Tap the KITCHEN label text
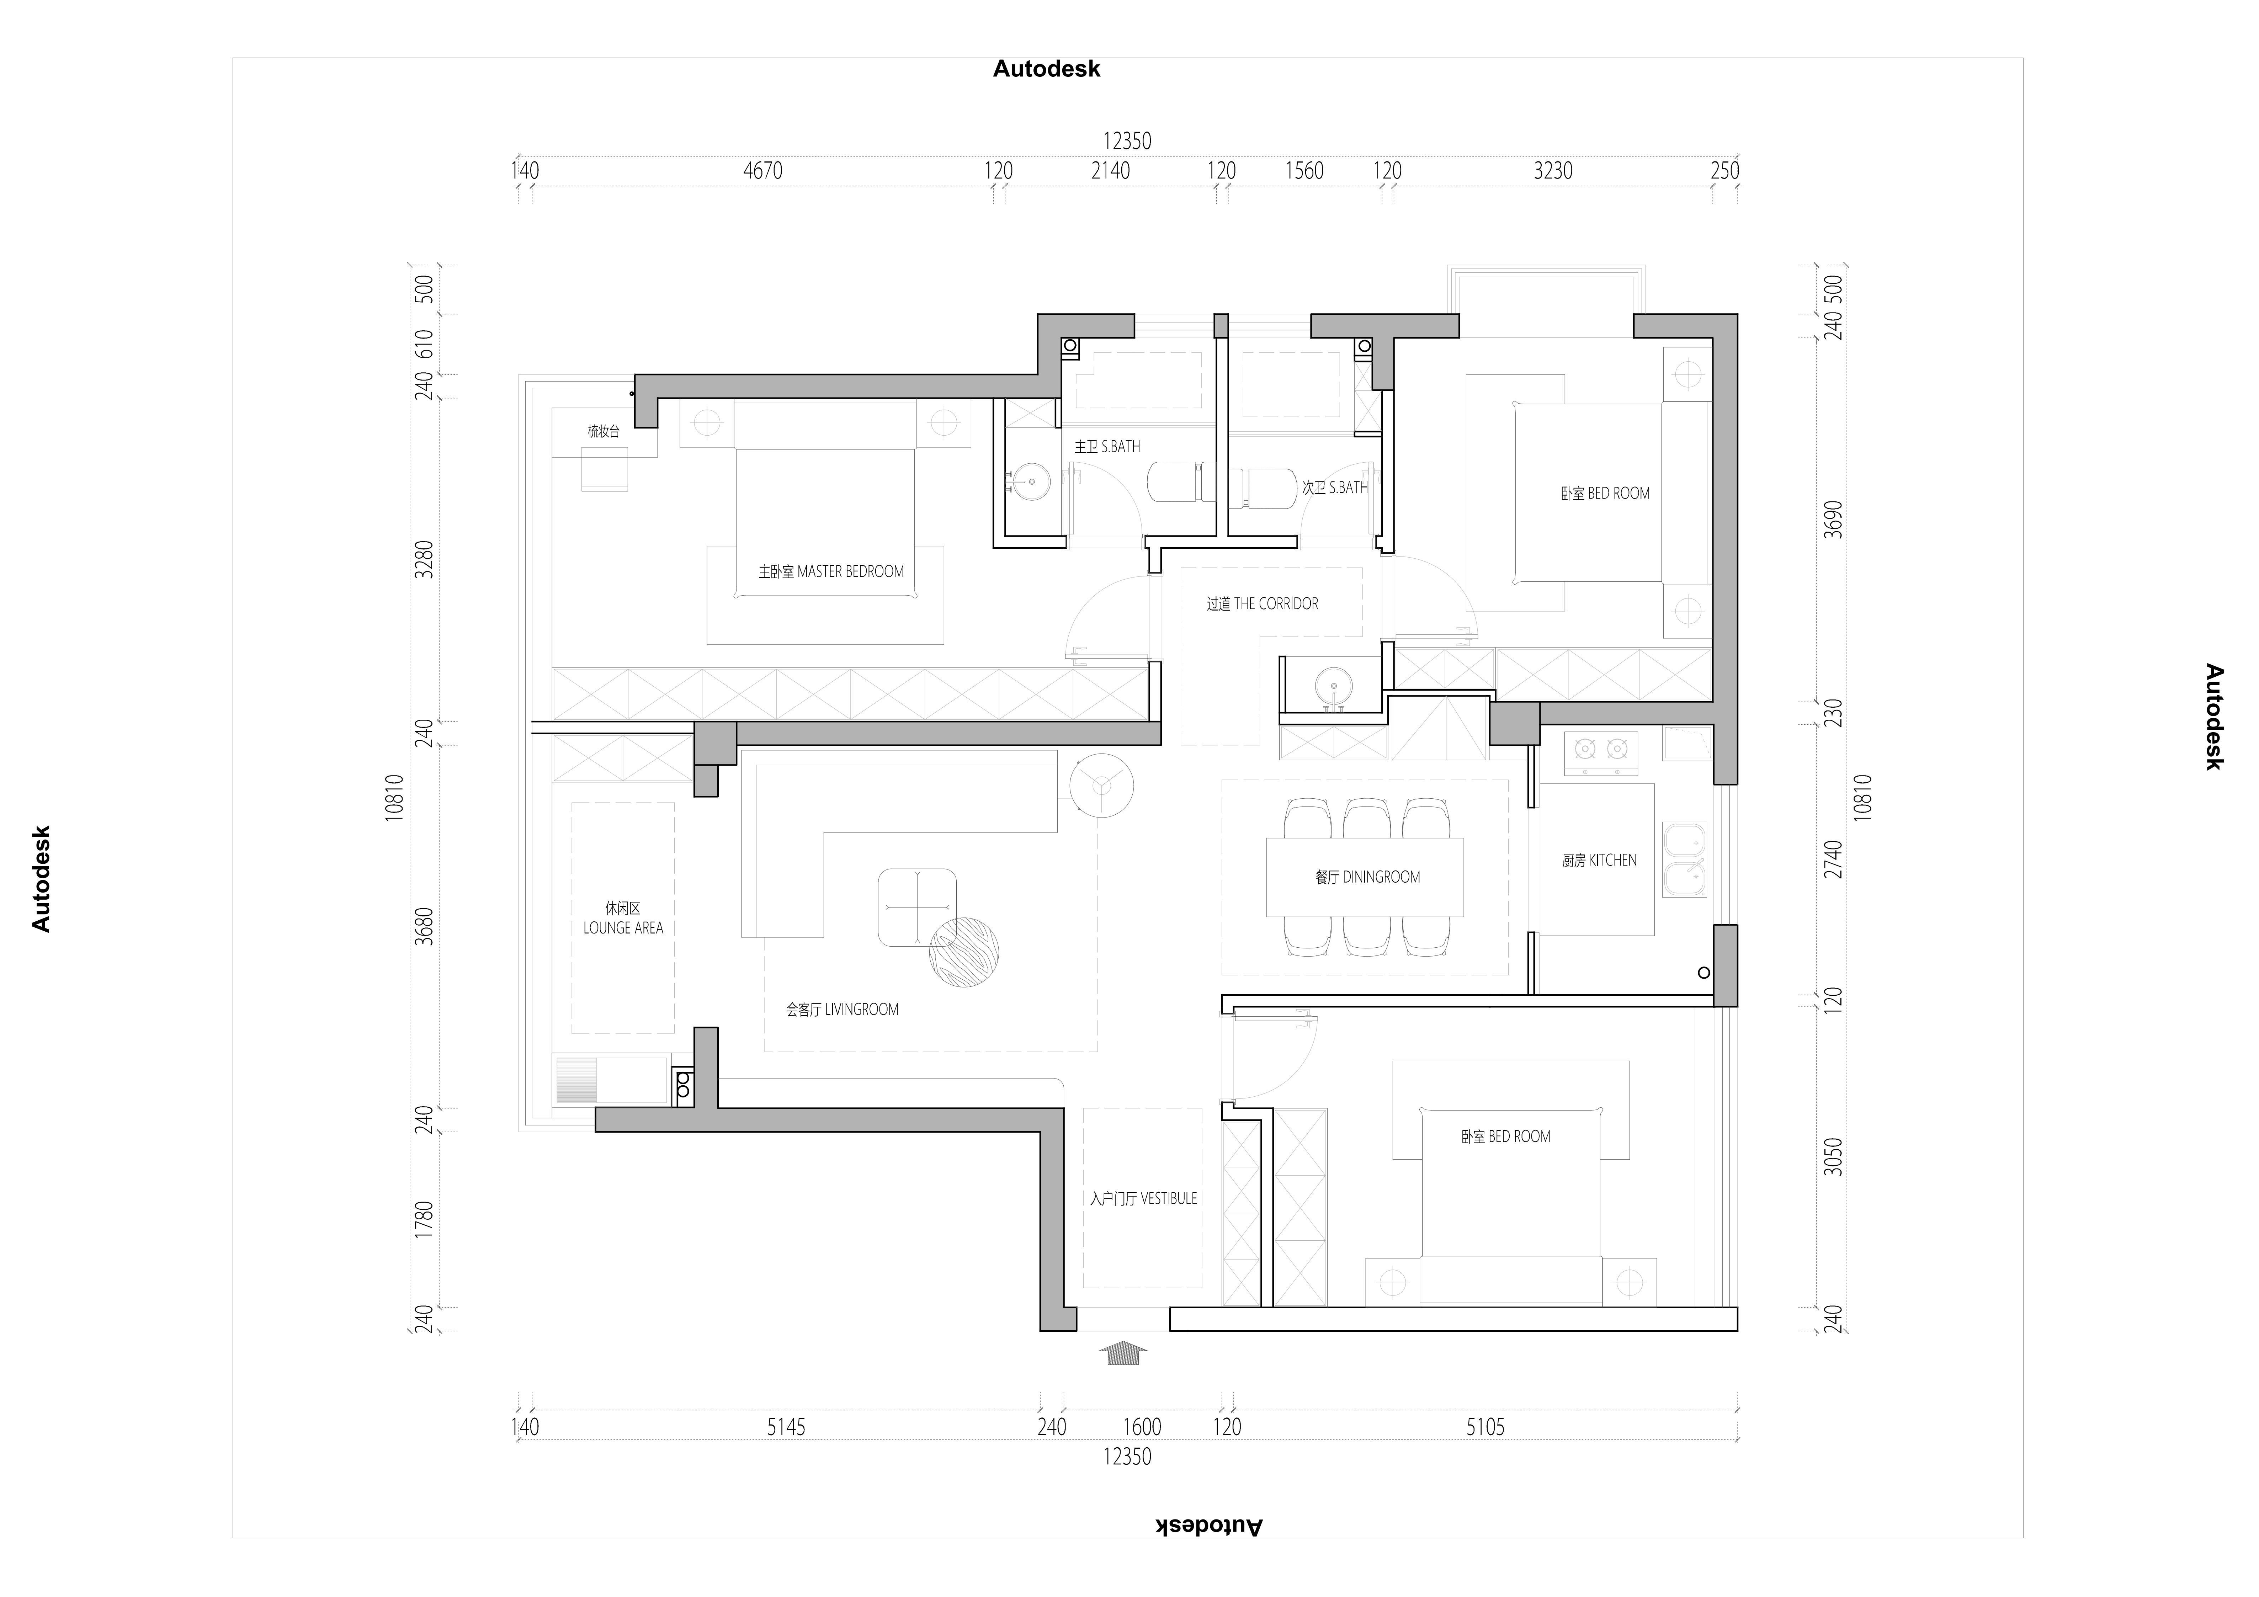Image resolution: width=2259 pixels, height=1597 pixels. coord(1599,860)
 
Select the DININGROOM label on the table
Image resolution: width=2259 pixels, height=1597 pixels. coord(1368,877)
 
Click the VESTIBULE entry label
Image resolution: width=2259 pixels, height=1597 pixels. coord(1143,1198)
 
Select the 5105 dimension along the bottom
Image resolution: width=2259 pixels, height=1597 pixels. coord(1485,1427)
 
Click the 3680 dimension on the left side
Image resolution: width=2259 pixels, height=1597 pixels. coord(423,926)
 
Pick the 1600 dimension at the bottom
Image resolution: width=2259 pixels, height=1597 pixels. coord(1142,1427)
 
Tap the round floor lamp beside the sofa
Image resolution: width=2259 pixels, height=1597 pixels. coord(1102,785)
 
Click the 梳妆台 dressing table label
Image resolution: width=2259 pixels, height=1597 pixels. coord(603,431)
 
